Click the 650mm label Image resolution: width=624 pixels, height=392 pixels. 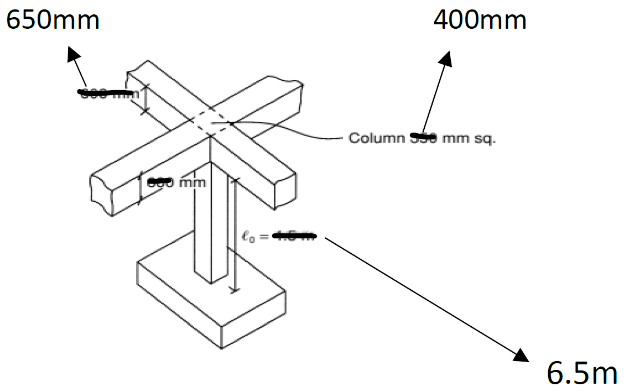pos(52,21)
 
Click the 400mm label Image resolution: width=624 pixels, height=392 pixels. pos(480,20)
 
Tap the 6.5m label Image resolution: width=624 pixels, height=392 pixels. pos(581,373)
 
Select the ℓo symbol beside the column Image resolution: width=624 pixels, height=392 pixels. pos(248,237)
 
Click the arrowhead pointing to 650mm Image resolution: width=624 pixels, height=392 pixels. pos(72,54)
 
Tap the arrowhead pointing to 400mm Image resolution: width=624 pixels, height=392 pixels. pos(446,58)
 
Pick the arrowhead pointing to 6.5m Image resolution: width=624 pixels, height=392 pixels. pos(523,355)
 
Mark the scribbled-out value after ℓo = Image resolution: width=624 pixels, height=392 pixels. pos(295,237)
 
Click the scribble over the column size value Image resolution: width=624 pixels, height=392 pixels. pos(424,135)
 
